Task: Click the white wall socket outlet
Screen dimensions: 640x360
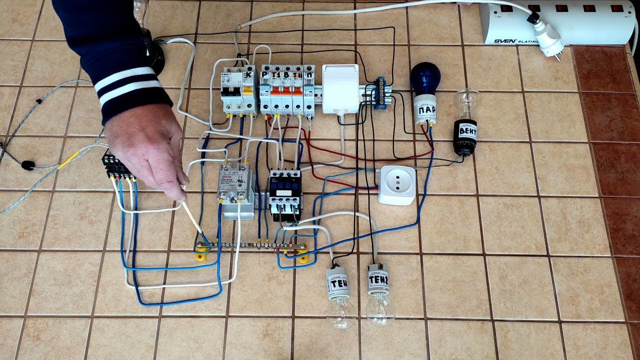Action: click(396, 184)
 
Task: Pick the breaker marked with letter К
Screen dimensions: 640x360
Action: click(248, 92)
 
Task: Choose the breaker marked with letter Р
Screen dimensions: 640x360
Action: click(265, 92)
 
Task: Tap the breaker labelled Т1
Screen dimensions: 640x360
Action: click(276, 92)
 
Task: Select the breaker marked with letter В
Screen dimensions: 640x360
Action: click(287, 92)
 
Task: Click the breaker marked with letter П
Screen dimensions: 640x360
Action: click(309, 92)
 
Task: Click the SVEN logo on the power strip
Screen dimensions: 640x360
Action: click(504, 41)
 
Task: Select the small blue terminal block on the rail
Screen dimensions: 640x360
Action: click(380, 93)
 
